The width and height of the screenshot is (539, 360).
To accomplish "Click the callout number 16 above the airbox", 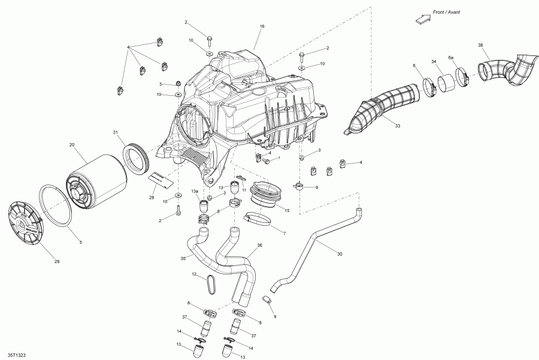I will [262, 27].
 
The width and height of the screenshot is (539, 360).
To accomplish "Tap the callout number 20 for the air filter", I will [72, 145].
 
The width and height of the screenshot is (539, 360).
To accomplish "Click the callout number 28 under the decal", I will [152, 196].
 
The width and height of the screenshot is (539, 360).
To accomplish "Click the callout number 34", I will [433, 61].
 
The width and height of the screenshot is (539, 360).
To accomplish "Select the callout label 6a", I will [451, 57].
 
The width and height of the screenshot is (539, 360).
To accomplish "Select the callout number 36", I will [259, 245].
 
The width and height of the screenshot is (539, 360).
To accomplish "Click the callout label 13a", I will [195, 191].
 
